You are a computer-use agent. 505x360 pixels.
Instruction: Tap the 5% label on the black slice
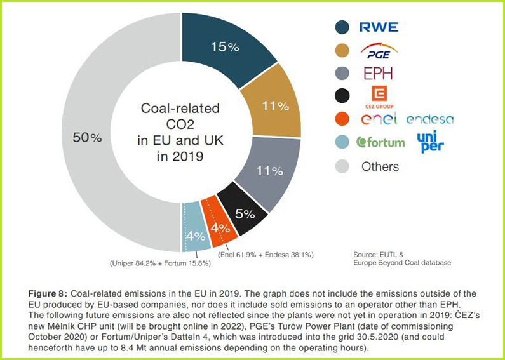[245, 214]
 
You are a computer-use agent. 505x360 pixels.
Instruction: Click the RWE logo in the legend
[379, 27]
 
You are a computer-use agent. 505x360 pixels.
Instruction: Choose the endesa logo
[430, 119]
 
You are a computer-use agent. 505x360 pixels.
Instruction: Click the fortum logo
[380, 142]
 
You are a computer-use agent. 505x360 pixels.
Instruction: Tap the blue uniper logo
[431, 142]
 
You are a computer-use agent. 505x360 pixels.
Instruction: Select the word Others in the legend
[380, 167]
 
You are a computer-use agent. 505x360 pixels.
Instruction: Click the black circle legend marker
[343, 96]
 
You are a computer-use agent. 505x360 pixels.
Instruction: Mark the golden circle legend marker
[343, 50]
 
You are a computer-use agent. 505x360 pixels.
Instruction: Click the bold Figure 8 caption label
[48, 293]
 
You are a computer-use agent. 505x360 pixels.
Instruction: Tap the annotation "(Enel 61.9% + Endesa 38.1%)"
[266, 254]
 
